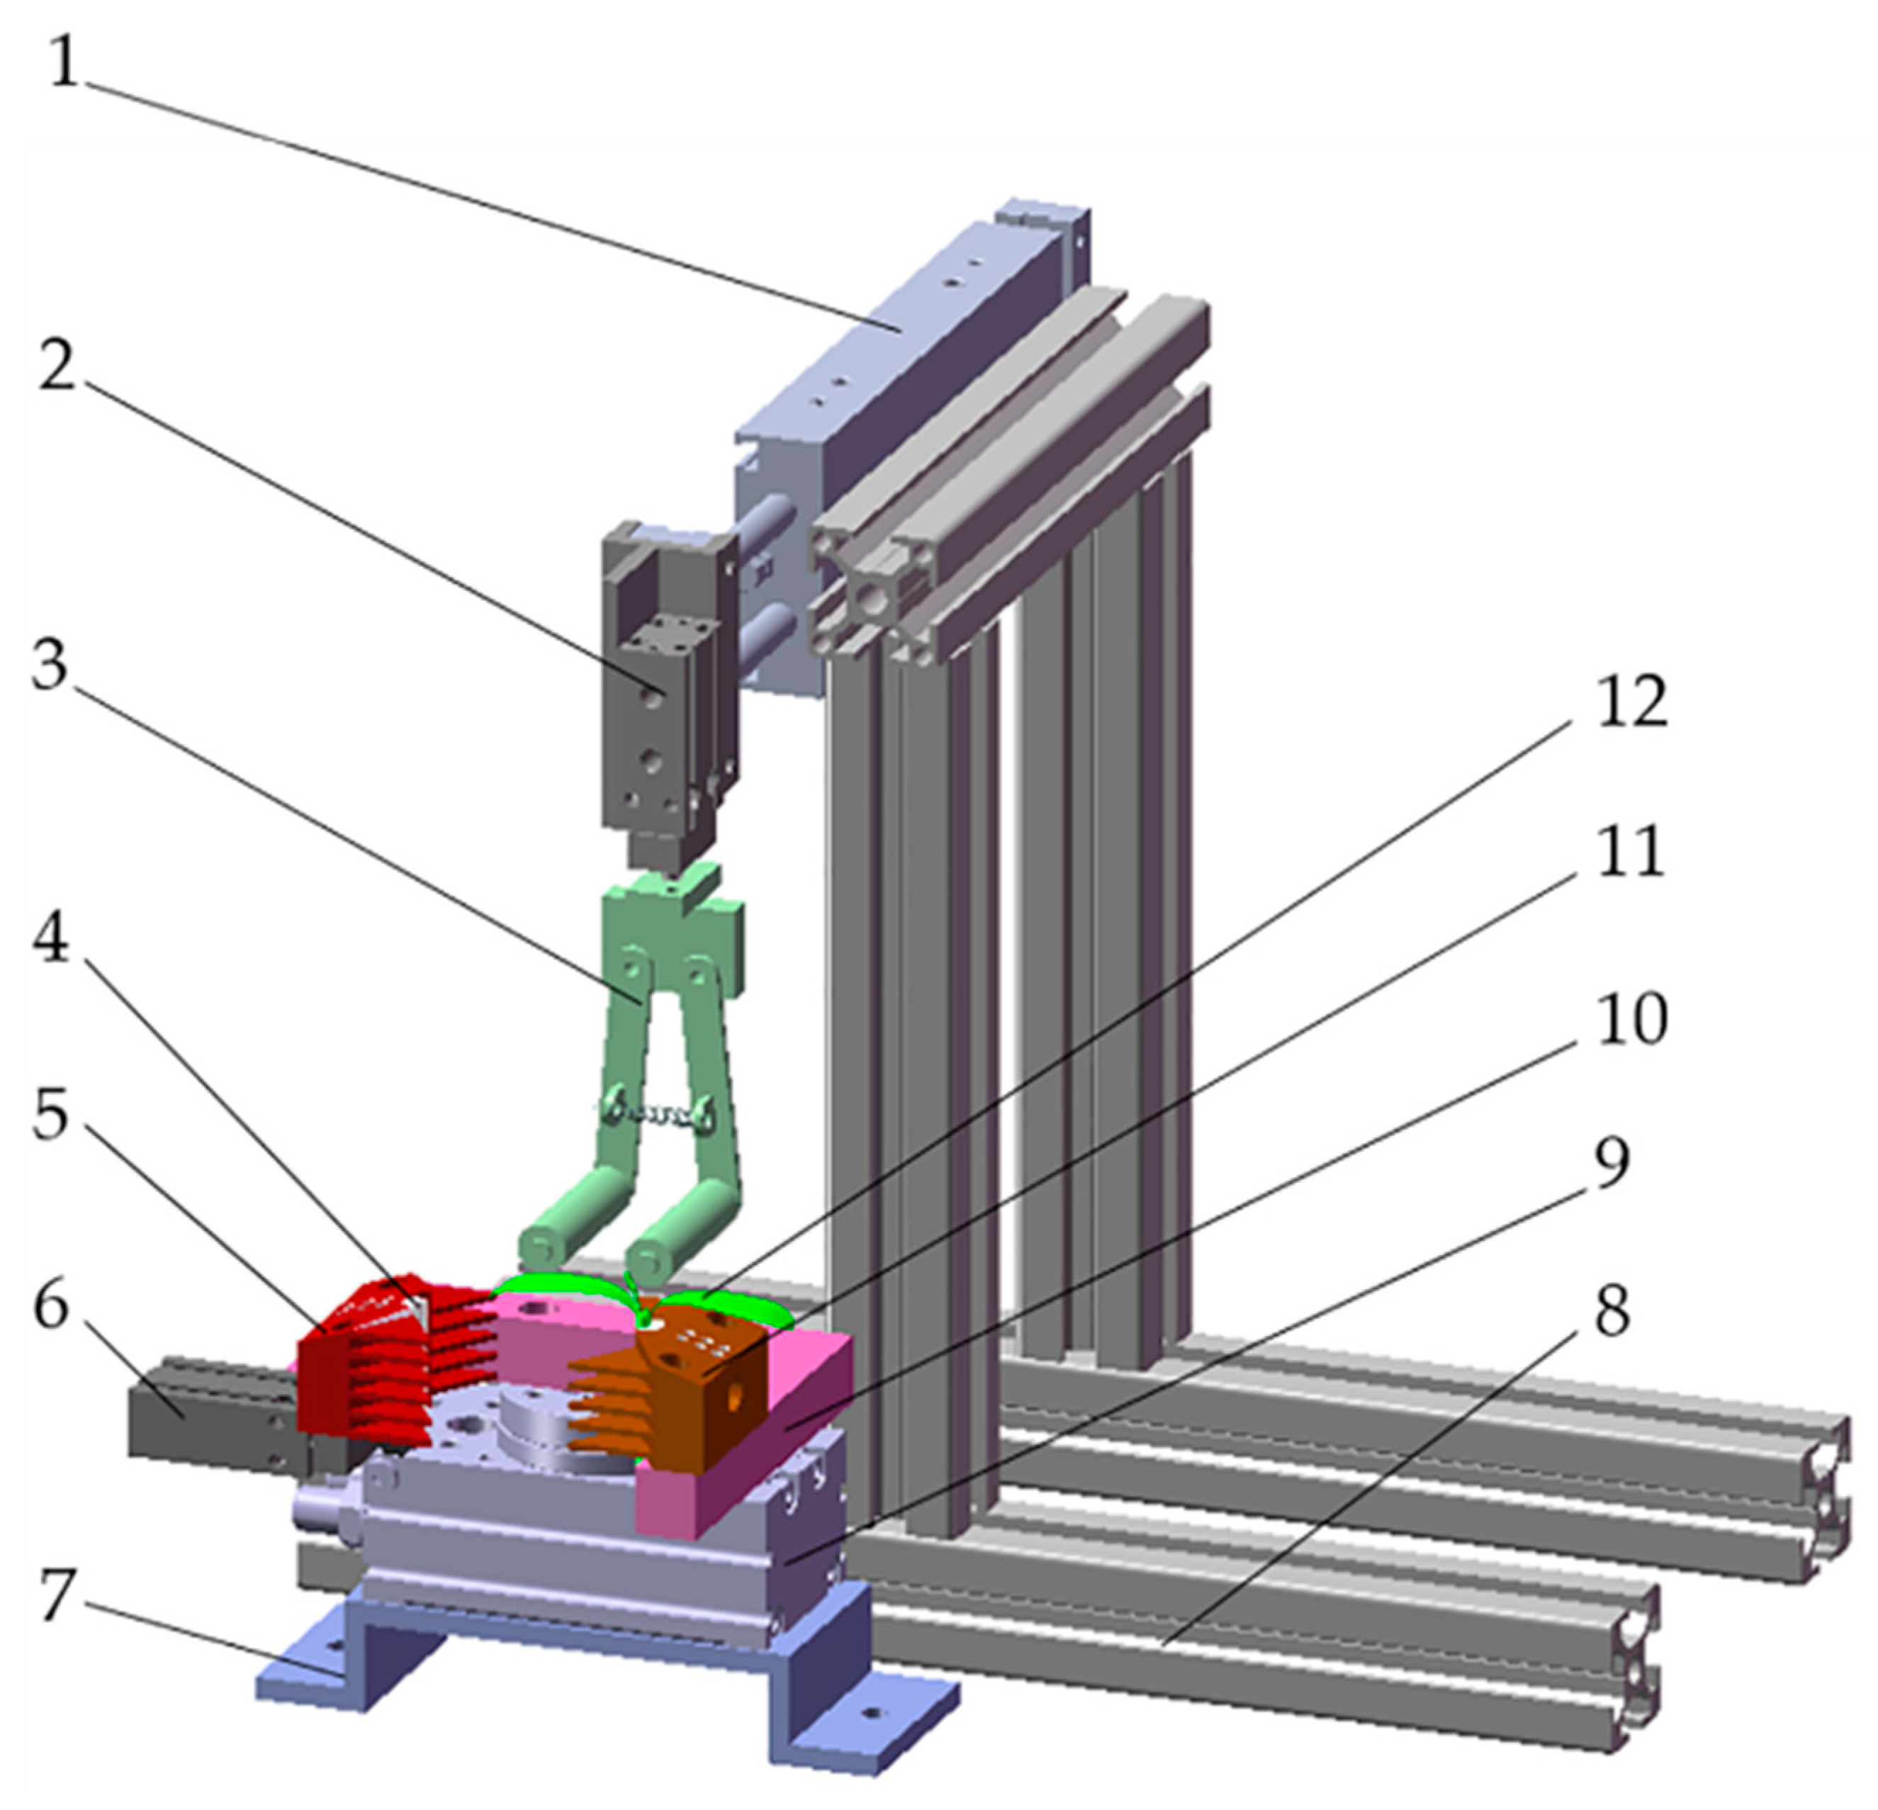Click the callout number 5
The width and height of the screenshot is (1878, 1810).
(52, 1114)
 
